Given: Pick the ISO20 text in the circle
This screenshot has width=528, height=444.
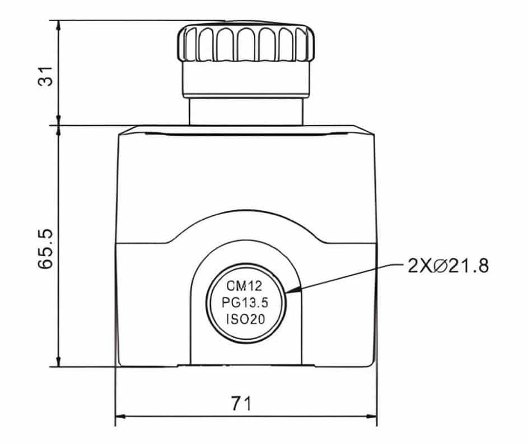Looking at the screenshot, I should pos(245,320).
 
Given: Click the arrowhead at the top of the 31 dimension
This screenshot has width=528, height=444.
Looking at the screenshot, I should pos(59,25).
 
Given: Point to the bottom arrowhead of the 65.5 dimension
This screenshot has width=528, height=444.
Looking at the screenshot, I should pos(59,362).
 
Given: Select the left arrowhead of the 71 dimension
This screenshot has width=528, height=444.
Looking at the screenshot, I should pos(120,417).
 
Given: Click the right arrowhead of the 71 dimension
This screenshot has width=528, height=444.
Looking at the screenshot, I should pos(371,417).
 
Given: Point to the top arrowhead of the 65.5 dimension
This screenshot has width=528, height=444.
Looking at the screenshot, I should pos(59,130).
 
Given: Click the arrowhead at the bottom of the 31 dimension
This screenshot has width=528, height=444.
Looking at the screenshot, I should pos(59,121).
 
